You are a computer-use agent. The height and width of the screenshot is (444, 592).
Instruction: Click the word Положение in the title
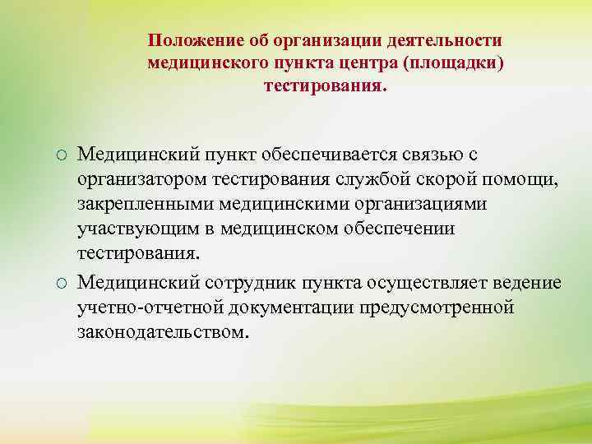pyautogui.click(x=188, y=40)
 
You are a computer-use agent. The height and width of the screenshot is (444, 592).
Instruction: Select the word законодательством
pyautogui.click(x=162, y=332)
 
